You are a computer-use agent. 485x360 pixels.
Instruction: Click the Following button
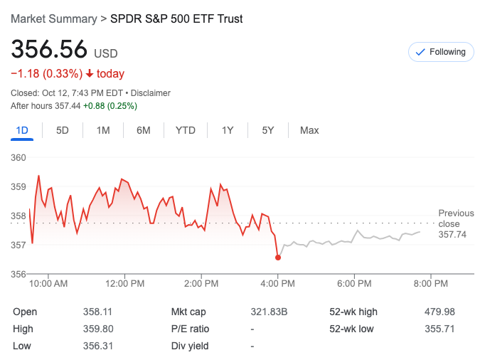tap(441, 52)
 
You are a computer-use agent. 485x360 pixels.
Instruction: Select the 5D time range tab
tap(63, 130)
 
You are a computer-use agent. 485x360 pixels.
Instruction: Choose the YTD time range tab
tap(186, 130)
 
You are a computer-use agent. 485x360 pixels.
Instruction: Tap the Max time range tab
tap(309, 130)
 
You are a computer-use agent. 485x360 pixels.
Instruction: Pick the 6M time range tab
tap(144, 130)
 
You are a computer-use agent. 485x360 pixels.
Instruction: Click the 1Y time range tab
tap(228, 130)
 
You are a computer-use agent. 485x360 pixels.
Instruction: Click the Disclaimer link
tap(150, 93)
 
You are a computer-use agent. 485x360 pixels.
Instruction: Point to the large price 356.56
tap(49, 50)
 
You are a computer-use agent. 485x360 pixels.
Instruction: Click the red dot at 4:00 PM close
tap(277, 258)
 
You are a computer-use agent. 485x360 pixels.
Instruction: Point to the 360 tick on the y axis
tap(18, 157)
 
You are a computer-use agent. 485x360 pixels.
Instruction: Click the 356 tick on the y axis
tap(18, 274)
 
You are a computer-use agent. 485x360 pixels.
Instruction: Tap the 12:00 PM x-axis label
tap(125, 284)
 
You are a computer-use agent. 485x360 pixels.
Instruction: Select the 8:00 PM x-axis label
tap(430, 284)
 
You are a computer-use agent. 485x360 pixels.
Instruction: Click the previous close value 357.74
tap(452, 235)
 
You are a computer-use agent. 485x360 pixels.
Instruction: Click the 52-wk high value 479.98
tap(440, 312)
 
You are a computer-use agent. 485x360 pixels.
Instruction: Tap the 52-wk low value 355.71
tap(440, 329)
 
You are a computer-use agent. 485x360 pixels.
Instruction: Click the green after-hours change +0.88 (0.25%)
tap(110, 106)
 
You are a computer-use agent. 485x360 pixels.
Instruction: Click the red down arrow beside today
tap(90, 74)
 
